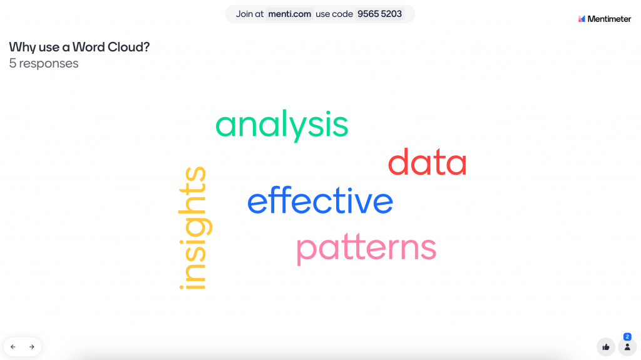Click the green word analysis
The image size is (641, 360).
tap(282, 125)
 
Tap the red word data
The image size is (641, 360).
tap(427, 162)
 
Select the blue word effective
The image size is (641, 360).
tap(320, 200)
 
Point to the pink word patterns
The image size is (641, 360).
tap(366, 249)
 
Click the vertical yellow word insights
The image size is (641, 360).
tap(195, 228)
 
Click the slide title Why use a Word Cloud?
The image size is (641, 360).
tap(79, 47)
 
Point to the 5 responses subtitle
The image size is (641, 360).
tap(44, 63)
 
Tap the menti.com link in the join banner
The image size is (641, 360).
tap(289, 14)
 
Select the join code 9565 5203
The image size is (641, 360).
tap(379, 14)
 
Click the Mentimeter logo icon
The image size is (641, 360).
tap(582, 19)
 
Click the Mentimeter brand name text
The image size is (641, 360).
tap(609, 19)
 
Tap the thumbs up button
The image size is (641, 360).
tap(606, 347)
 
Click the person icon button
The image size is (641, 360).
tap(627, 347)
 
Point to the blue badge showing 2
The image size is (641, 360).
tap(627, 337)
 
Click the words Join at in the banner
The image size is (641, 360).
tap(249, 14)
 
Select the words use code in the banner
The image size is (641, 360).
tap(334, 14)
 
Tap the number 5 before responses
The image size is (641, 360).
tap(13, 63)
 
